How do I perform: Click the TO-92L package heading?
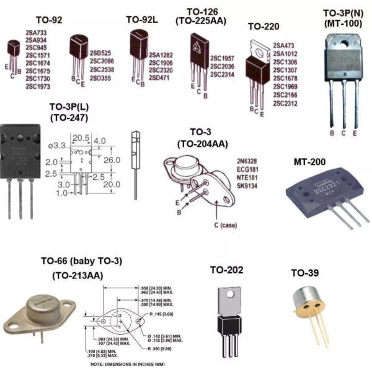142,19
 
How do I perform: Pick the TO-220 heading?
263,27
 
